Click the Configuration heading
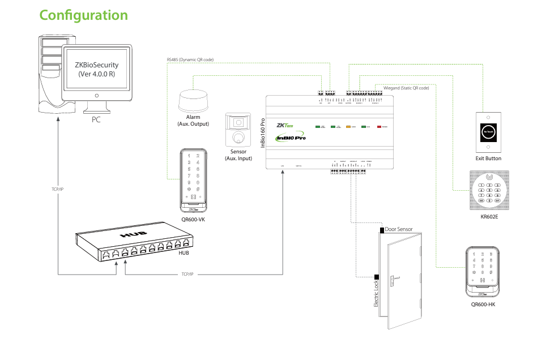[84, 15]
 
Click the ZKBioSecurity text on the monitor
[96, 65]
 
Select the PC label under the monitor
[96, 120]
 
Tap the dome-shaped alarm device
[193, 100]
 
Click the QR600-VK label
[193, 219]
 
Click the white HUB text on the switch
[133, 234]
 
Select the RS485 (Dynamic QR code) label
[190, 59]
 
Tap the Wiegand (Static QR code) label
[406, 88]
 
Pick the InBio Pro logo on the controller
[290, 138]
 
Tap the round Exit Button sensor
[488, 131]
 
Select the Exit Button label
[488, 158]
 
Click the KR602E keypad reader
[489, 189]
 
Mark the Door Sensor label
[399, 229]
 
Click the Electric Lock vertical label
[375, 294]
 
